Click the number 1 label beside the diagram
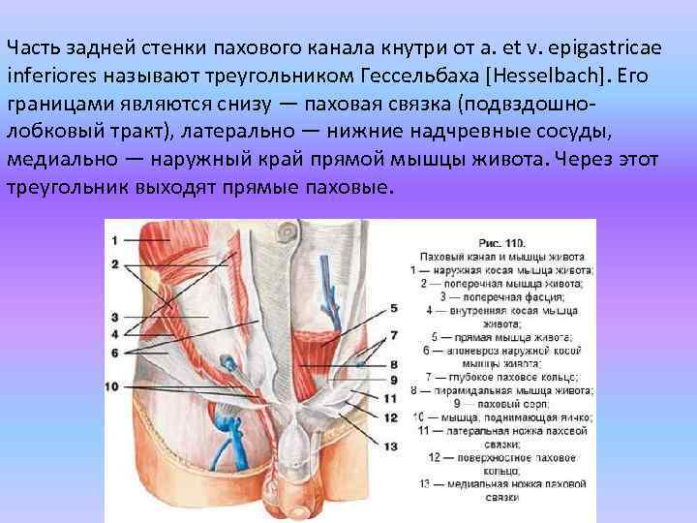(x=113, y=238)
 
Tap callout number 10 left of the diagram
(x=111, y=386)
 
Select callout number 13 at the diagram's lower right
(x=391, y=446)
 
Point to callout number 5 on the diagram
(x=393, y=308)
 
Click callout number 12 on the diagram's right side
(x=391, y=417)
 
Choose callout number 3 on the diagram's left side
(x=114, y=317)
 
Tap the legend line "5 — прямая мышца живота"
(x=502, y=338)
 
